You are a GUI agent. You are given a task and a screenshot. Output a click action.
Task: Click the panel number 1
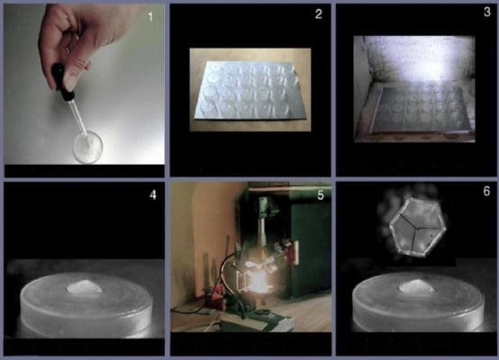click(x=150, y=16)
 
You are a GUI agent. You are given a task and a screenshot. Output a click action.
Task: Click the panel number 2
click(x=319, y=14)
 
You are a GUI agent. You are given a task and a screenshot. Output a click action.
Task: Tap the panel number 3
click(x=487, y=12)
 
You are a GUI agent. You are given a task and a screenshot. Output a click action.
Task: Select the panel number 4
click(x=153, y=194)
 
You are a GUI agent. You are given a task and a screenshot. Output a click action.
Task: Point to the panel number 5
click(x=321, y=195)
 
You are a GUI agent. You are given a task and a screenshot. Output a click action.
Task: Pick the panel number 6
click(x=486, y=191)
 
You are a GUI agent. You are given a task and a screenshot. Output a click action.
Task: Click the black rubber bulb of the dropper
click(x=62, y=82)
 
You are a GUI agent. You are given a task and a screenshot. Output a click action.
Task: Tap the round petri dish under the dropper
click(x=87, y=147)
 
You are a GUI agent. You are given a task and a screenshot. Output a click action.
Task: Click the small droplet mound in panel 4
click(x=85, y=287)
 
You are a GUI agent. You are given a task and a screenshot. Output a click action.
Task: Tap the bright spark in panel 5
click(x=259, y=282)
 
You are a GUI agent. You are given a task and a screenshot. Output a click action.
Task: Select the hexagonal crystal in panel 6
click(x=418, y=227)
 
